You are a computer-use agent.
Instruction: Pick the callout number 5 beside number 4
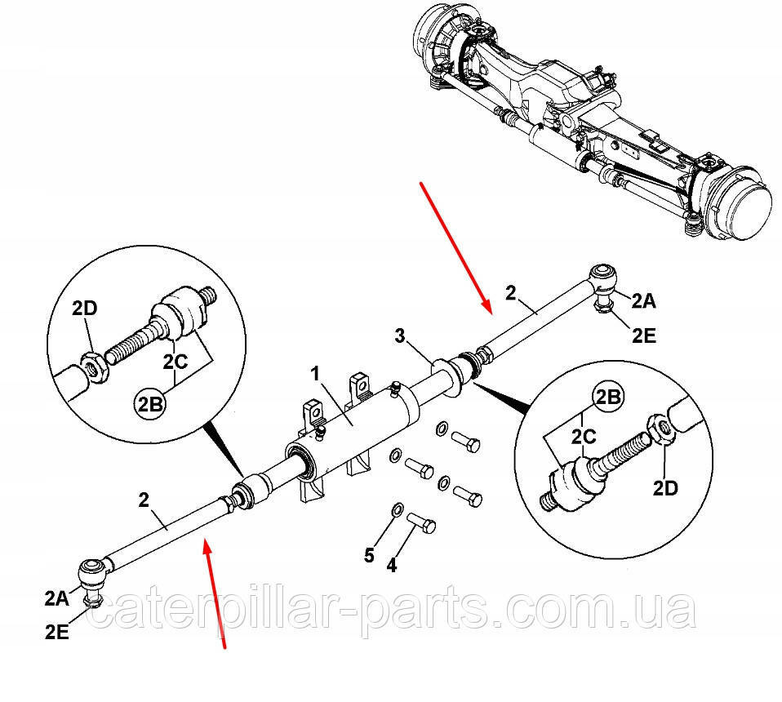(369, 555)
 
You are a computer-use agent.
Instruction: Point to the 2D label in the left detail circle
(85, 309)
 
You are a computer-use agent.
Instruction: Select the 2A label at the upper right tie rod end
(644, 302)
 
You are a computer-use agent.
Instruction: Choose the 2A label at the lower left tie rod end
(58, 598)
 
